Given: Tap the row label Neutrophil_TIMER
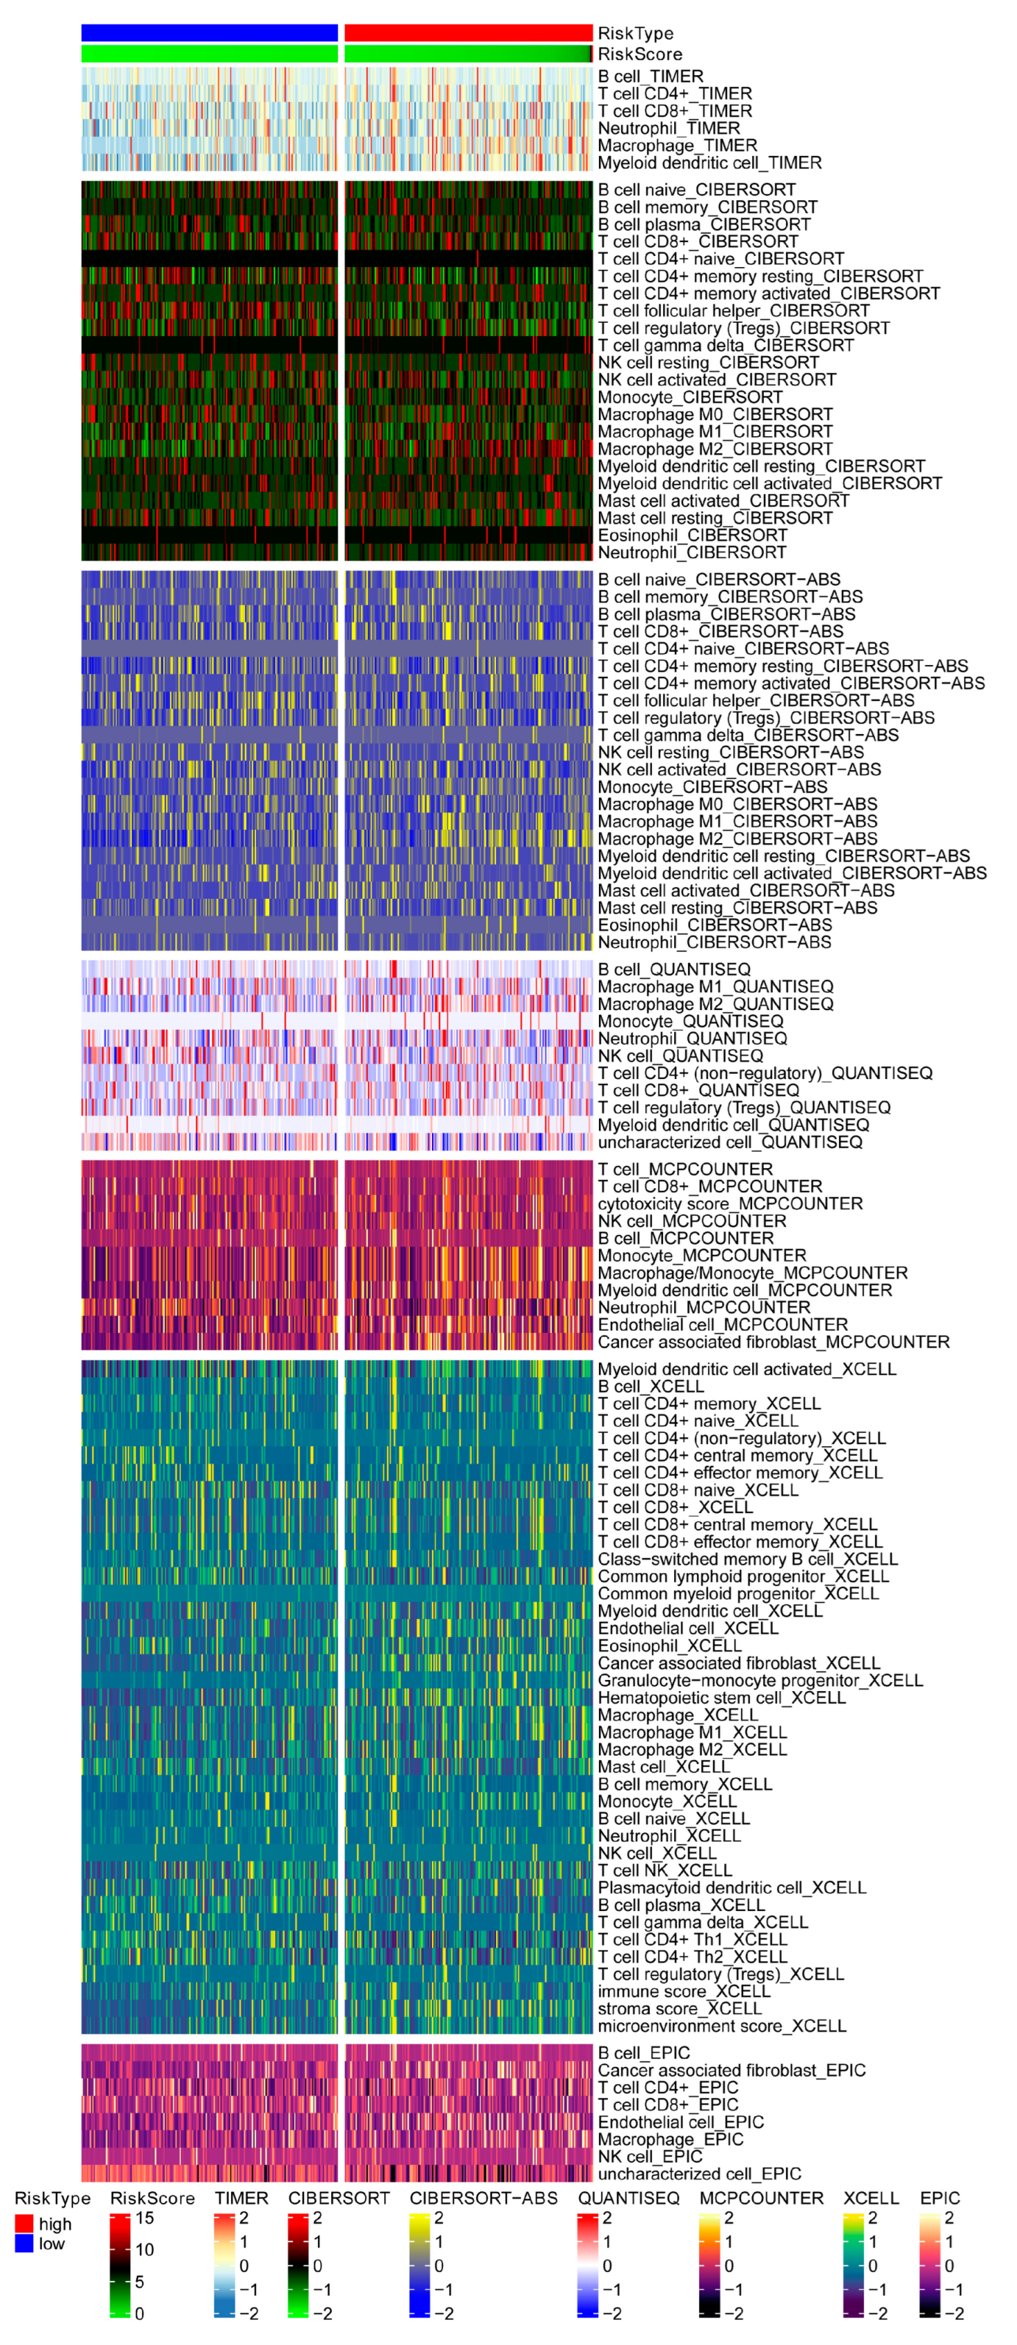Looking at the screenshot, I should coord(668,129).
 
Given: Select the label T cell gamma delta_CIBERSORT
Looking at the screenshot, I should coord(726,345).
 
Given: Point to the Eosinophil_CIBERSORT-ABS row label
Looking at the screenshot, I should coord(714,925).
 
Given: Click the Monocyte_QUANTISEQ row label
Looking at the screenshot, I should coord(690,1021).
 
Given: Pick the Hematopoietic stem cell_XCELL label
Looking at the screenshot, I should coord(721,1698).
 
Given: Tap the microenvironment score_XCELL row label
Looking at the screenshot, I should coord(722,2026).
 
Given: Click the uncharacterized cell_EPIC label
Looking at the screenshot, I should coord(699,2174).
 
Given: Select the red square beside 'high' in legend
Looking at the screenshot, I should coord(24,2224).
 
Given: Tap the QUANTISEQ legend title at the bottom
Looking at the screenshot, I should coord(628,2198).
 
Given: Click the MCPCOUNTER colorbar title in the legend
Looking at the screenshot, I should coord(760,2198).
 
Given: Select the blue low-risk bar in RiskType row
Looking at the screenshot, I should coord(209,33).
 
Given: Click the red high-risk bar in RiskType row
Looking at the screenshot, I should coord(468,33).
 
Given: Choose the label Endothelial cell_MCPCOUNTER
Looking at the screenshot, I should coord(722,1324).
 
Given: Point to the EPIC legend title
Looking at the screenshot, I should coord(940,2198).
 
